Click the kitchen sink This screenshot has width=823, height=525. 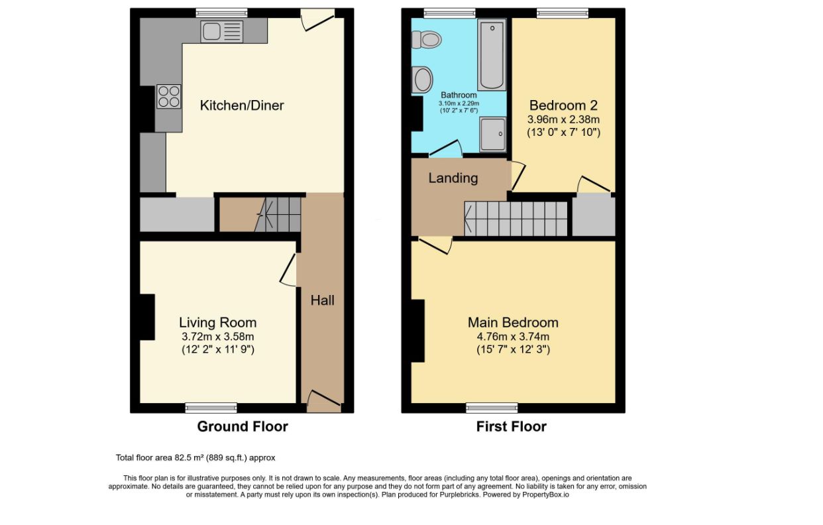pos(221,31)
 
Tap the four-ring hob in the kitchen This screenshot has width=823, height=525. pos(168,96)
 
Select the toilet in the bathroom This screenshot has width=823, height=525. pos(426,40)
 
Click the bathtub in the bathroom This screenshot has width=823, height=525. pos(492,54)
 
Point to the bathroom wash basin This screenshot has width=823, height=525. pos(422,80)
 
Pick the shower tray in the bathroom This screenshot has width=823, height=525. pos(493,134)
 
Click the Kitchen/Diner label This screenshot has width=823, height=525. pos(242,105)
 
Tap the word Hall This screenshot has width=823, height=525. pos(322,300)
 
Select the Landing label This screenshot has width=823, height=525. pos(453,178)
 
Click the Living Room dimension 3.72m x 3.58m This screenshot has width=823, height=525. pos(217,336)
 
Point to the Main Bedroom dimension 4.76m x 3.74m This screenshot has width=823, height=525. pos(513,336)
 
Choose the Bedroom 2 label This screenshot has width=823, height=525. pos(563,105)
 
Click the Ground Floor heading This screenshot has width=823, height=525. pos(243,426)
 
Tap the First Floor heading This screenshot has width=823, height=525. pos(512,426)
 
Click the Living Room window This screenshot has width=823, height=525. pos(211,408)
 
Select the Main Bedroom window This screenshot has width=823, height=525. pos(492,408)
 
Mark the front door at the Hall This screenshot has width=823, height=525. pos(323,402)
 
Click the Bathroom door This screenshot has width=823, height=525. pos(446,149)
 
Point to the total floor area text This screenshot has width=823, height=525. pos(195,458)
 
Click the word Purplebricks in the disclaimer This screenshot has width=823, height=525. pos(459,495)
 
